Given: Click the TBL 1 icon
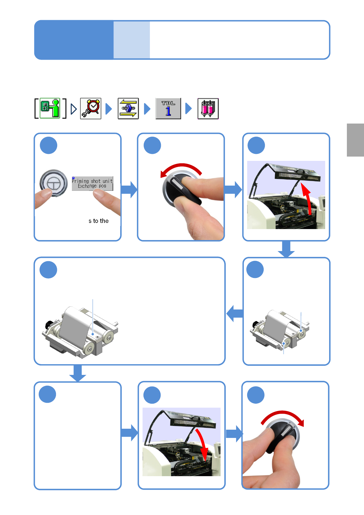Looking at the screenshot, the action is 168,109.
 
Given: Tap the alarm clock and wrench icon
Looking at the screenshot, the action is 91,109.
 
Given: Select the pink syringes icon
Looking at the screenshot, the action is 208,109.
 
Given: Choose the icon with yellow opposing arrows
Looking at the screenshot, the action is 128,109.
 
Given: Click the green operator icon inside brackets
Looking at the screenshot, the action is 50,108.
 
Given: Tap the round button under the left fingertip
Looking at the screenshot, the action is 54,183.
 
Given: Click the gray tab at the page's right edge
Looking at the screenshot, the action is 355,140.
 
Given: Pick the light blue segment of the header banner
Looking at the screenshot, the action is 132,40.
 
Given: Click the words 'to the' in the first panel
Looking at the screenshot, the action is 101,221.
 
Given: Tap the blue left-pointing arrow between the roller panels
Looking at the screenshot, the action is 235,313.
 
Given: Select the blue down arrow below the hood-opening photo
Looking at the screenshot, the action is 286,249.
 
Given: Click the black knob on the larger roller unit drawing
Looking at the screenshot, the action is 49,324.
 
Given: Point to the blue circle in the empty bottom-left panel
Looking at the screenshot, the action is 47,394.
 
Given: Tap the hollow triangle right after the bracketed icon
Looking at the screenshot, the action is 74,109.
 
